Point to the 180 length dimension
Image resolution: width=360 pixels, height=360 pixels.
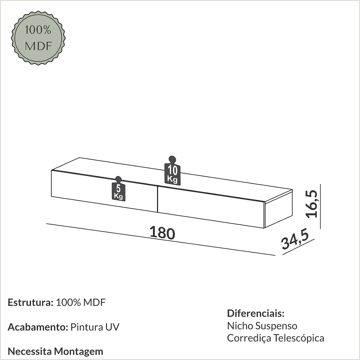(x=162, y=233)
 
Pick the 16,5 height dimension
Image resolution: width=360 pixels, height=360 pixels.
(x=313, y=204)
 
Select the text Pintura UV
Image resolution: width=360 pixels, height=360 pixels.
(x=95, y=327)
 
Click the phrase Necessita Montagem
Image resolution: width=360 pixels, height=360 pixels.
(x=55, y=351)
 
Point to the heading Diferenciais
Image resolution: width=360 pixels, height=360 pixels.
(x=256, y=313)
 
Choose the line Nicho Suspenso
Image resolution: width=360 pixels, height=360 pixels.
(x=262, y=326)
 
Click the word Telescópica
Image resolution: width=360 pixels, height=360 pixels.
(x=299, y=338)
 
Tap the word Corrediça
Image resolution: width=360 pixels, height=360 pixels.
(x=249, y=338)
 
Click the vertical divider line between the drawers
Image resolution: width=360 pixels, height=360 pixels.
(x=157, y=199)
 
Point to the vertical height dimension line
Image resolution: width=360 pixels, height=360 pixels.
(x=320, y=207)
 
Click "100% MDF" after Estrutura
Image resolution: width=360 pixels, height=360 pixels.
(x=81, y=303)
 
